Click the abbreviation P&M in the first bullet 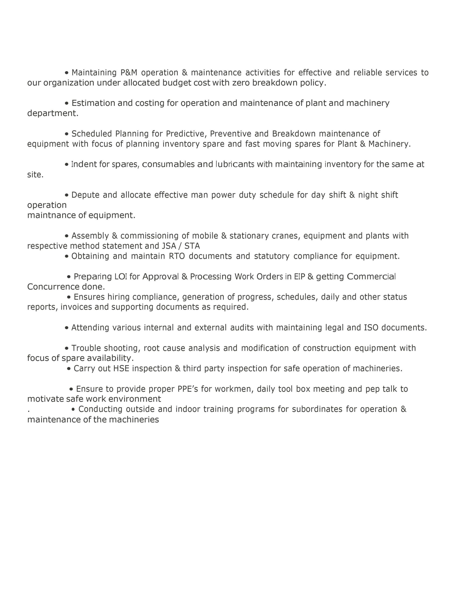(129, 73)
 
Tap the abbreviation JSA (169, 246)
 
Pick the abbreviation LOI (121, 277)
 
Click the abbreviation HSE (121, 368)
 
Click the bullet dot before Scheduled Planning (67, 134)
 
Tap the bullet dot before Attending (67, 328)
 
